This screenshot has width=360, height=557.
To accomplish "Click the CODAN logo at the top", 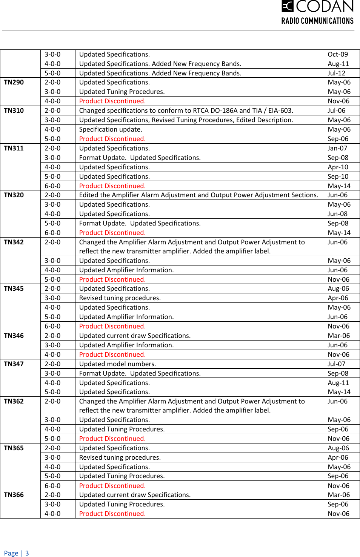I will [x=317, y=6].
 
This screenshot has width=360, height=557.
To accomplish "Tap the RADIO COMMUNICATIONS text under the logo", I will [x=317, y=21].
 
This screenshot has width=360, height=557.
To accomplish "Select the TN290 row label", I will [x=14, y=82].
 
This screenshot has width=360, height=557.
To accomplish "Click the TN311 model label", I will [x=14, y=148].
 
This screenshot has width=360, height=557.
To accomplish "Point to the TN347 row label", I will [x=14, y=364].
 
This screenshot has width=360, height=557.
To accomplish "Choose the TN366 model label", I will [x=14, y=495].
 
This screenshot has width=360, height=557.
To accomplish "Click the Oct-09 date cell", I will [x=338, y=54].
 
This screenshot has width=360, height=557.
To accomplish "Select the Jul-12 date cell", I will [x=336, y=73].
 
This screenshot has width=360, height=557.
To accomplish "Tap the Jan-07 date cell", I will [x=337, y=148].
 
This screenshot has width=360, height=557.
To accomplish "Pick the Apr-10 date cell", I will [x=338, y=167].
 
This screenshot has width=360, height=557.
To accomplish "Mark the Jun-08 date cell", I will [x=337, y=214].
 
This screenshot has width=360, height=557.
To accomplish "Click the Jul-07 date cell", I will [x=336, y=364].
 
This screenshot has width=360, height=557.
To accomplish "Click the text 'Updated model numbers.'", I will [x=117, y=364].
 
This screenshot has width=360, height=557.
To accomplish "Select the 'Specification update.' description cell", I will [x=111, y=129].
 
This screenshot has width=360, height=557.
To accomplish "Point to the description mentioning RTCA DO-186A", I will [x=186, y=110].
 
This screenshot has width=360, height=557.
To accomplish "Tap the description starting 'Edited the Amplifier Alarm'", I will [x=198, y=195].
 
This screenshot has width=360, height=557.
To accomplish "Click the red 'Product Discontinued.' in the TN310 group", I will [x=112, y=139].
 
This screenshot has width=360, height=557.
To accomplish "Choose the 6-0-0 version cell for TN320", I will [x=52, y=233].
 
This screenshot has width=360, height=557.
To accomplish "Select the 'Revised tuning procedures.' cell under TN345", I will [x=120, y=298].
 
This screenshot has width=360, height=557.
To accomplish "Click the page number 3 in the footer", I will [x=27, y=553].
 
